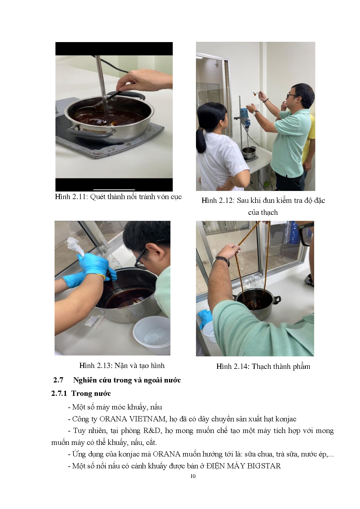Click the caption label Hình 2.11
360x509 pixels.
coord(71,197)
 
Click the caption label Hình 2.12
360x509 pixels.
coord(217,201)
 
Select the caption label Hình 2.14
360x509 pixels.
coord(233,367)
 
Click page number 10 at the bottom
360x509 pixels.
coord(193,476)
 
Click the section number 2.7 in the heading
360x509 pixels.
coord(58,380)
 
